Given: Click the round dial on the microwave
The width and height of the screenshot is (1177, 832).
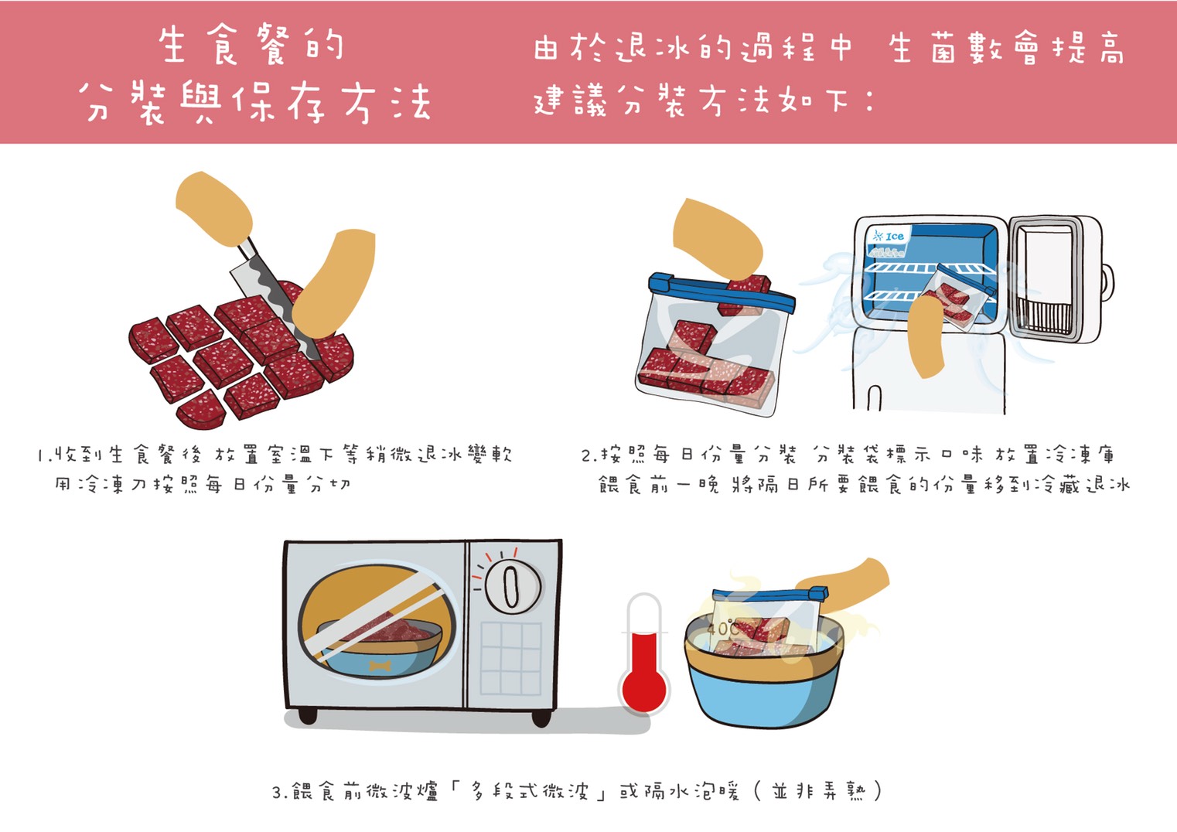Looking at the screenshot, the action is coord(512,586).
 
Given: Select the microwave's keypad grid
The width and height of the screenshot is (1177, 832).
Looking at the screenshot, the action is coord(510,659).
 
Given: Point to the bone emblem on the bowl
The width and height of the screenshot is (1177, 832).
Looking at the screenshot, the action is coord(380,667).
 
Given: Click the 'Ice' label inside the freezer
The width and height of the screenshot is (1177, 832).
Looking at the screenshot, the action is coord(889,237).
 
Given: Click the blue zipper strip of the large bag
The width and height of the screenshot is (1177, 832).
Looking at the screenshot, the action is coord(722,292).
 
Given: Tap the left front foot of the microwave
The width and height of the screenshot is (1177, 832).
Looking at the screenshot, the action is coord(307,715).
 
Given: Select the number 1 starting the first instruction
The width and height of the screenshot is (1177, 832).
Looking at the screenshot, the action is coord(40,455).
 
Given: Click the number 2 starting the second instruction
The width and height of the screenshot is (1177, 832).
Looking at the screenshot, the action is coord(587,455).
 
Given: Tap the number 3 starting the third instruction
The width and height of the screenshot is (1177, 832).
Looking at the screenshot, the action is coord(278,792).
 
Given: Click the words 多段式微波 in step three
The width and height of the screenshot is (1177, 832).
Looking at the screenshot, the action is coord(529,791).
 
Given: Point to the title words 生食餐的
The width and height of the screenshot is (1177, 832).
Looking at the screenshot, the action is coord(251,46).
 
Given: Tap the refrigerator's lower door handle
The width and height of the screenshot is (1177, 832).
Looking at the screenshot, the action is coord(874,398).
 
